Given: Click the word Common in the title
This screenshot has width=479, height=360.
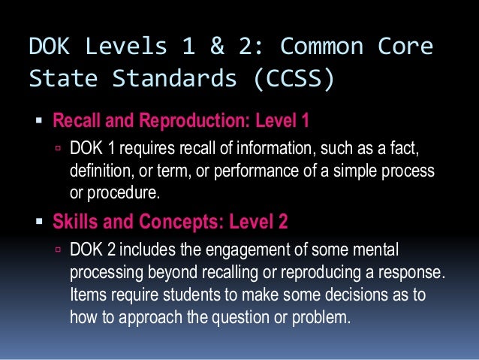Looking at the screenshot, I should (x=330, y=47).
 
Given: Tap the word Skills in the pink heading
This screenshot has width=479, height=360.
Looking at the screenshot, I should (x=76, y=222).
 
